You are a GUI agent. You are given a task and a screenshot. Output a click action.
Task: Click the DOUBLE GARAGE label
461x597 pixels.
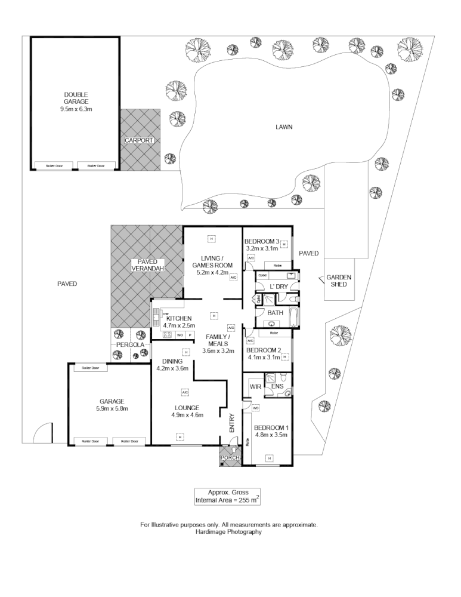76,99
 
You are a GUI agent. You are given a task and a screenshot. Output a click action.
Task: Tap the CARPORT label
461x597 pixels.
139,140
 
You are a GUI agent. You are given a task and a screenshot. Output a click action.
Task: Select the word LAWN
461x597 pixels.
284,127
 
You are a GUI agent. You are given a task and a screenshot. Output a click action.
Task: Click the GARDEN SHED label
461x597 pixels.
339,281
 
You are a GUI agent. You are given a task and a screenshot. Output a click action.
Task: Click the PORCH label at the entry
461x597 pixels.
230,458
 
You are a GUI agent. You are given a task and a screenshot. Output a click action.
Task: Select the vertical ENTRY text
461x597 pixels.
233,423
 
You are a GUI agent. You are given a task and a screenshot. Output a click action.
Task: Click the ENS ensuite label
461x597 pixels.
277,387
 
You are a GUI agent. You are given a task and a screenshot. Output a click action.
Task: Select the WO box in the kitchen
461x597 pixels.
179,336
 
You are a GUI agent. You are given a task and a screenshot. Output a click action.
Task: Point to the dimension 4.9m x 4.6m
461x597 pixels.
188,415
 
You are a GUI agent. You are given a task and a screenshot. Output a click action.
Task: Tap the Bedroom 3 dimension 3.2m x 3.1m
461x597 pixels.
262,248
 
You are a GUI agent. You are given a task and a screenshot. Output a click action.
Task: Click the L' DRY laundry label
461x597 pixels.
279,287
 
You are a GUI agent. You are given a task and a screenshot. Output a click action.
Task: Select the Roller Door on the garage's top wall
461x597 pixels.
91,368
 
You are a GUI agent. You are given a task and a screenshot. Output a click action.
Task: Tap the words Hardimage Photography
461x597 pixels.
229,532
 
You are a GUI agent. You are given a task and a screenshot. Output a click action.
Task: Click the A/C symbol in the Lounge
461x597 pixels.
185,392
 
